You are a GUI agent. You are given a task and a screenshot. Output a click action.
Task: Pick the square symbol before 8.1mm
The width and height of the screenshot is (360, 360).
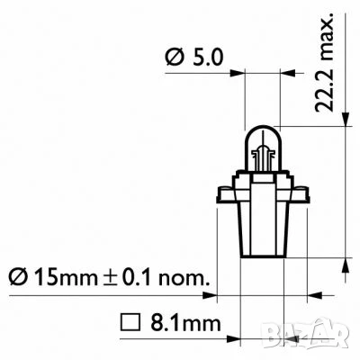coord(127,319)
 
